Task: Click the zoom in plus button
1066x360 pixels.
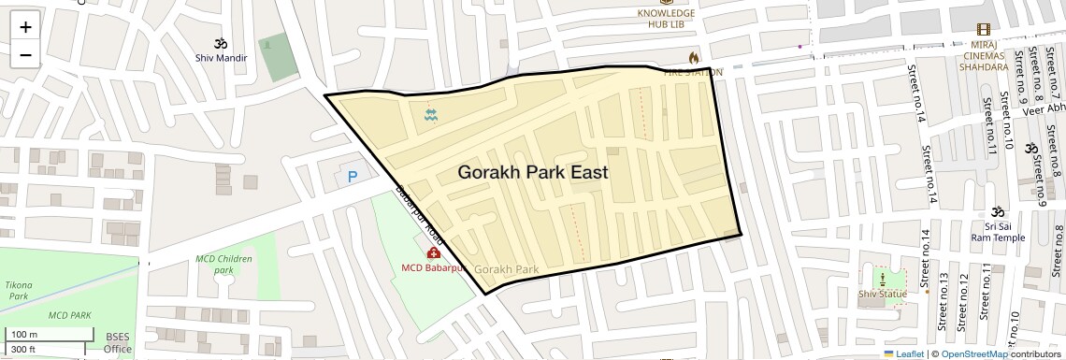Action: [x=25, y=27]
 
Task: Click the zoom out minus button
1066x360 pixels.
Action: [x=25, y=54]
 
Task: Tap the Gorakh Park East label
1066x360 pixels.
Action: [x=533, y=173]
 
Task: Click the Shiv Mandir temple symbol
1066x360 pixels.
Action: [x=222, y=43]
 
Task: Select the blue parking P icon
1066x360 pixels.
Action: [x=353, y=177]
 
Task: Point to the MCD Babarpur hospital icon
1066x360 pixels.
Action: [x=434, y=252]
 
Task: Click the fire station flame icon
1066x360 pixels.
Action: [x=693, y=58]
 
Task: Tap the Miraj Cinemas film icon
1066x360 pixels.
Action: [x=983, y=30]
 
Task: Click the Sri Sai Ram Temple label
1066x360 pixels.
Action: [x=998, y=232]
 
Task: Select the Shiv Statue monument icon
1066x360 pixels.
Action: [x=882, y=279]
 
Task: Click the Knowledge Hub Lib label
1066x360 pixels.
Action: [x=666, y=19]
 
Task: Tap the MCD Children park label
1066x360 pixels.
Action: [x=223, y=264]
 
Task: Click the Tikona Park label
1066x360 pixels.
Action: [x=18, y=290]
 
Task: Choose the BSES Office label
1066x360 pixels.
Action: [x=118, y=343]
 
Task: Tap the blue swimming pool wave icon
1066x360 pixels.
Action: [x=431, y=115]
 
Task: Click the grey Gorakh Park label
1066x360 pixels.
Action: [x=507, y=269]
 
